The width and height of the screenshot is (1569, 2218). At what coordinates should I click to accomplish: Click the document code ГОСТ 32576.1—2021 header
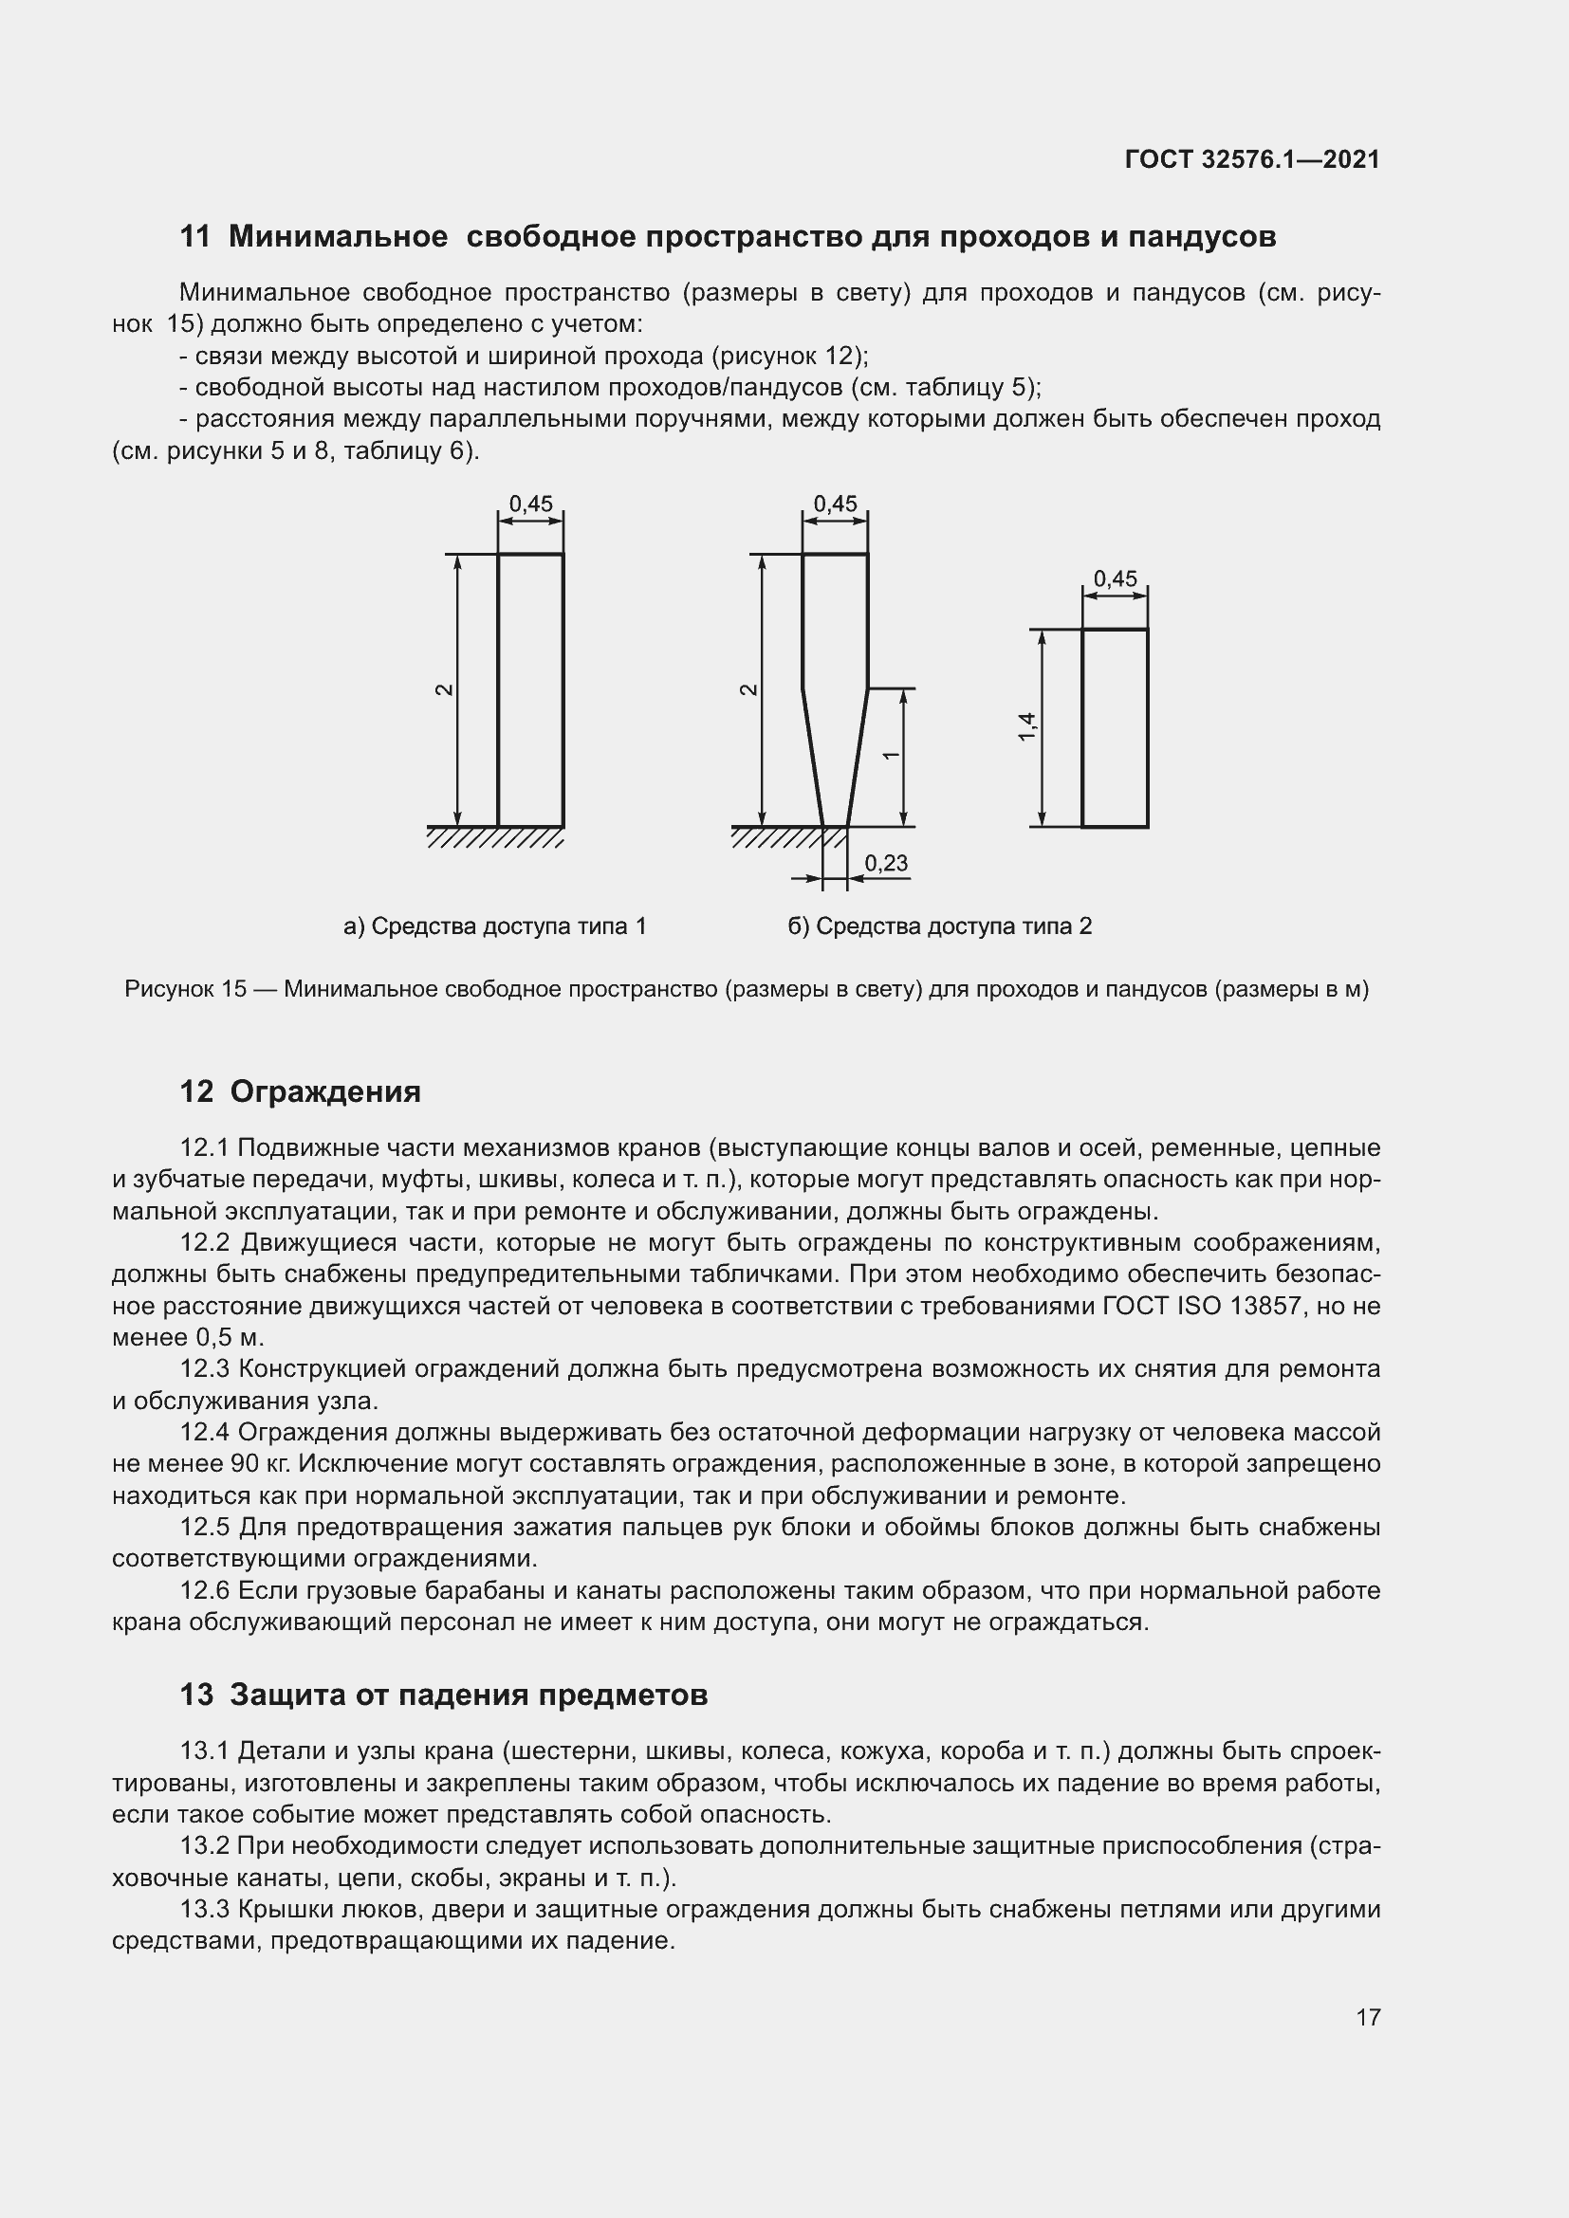[x=1252, y=159]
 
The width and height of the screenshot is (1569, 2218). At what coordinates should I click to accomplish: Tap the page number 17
[x=1368, y=2017]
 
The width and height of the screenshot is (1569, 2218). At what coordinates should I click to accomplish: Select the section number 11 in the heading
[x=194, y=237]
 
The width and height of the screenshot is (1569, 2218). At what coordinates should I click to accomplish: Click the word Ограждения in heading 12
[x=325, y=1091]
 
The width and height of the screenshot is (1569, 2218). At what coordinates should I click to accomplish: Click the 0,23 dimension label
[x=886, y=863]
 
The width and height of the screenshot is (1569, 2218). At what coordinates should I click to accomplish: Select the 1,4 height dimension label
[x=1027, y=726]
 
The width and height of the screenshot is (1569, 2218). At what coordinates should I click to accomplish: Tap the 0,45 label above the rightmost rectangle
[x=1115, y=578]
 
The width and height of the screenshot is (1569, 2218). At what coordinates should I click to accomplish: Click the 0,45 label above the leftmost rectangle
[x=530, y=504]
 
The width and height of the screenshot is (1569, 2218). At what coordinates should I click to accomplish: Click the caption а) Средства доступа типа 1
[x=494, y=926]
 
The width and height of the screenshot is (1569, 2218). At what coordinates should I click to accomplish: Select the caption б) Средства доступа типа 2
[x=939, y=926]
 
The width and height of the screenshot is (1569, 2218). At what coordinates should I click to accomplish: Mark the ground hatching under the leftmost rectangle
[x=494, y=837]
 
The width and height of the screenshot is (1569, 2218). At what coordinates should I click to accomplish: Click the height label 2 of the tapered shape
[x=748, y=689]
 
